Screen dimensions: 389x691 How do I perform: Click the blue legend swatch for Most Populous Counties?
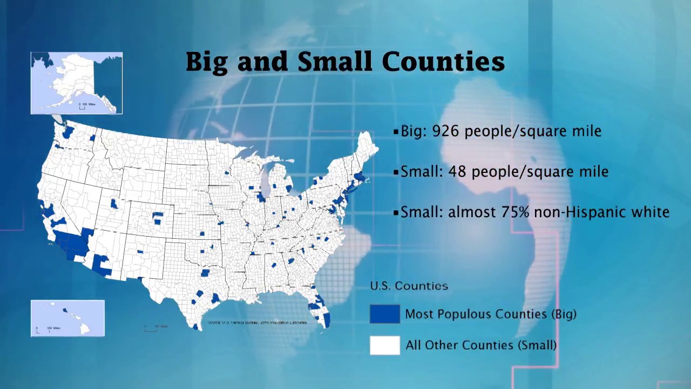[x=384, y=314]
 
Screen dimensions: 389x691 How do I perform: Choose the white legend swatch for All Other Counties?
[x=384, y=345]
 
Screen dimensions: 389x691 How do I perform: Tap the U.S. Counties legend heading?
[x=409, y=286]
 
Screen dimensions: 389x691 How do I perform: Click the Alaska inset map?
[x=77, y=83]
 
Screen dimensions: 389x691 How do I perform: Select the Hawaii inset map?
[x=67, y=318]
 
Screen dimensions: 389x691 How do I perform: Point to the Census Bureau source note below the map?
[x=257, y=323]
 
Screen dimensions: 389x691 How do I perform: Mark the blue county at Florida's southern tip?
[x=327, y=319]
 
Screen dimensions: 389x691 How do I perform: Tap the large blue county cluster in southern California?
[x=73, y=244]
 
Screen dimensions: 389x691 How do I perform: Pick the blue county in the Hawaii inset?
[x=65, y=310]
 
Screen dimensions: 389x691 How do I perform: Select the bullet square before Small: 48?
[x=396, y=172]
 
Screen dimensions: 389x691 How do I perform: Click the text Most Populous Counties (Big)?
[x=490, y=314]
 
